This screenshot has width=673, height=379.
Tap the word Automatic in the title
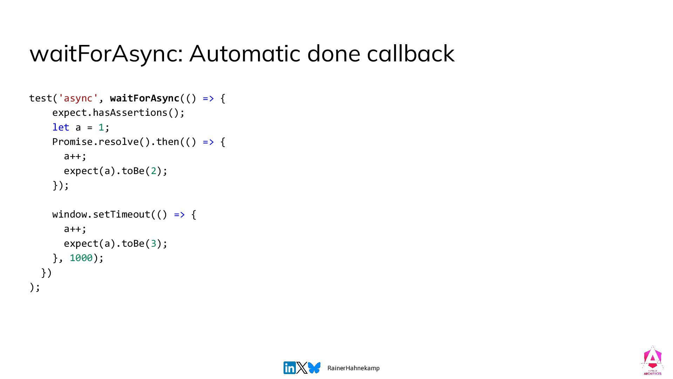pos(245,53)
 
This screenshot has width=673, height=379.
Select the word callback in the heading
pos(410,53)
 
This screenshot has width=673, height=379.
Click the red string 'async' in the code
pos(78,98)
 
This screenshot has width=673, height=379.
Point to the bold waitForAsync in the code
pos(144,98)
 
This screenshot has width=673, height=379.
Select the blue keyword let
pos(61,127)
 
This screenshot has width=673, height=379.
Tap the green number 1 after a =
pos(101,127)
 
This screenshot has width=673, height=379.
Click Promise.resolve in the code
pos(95,142)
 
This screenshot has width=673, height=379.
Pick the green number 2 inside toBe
pos(153,171)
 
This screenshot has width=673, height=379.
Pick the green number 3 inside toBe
pos(153,244)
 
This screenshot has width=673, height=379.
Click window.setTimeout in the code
pos(101,214)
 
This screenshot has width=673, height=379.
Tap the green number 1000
pos(81,258)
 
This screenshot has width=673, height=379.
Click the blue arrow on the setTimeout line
pos(179,214)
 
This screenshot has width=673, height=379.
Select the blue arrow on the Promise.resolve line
pos(208,142)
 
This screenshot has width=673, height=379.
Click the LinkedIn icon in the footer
pos(290,368)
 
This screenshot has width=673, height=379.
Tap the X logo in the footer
pos(301,368)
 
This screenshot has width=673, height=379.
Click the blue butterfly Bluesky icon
pos(314,368)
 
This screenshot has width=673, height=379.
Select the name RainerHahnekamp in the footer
pos(353,368)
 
